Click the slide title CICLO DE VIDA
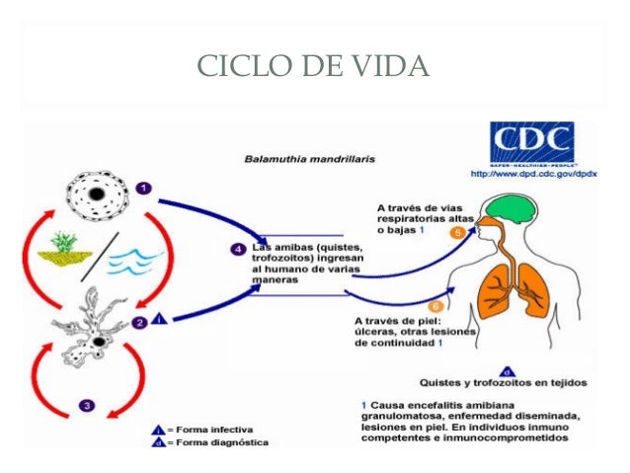pos(314,66)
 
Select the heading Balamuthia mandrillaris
pos(302,157)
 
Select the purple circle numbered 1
pos(143,188)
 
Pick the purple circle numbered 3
pos(87,405)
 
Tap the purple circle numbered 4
pos(238,249)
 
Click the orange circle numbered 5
pos(458,232)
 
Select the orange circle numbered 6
pos(436,306)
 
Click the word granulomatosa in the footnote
pos(397,418)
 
